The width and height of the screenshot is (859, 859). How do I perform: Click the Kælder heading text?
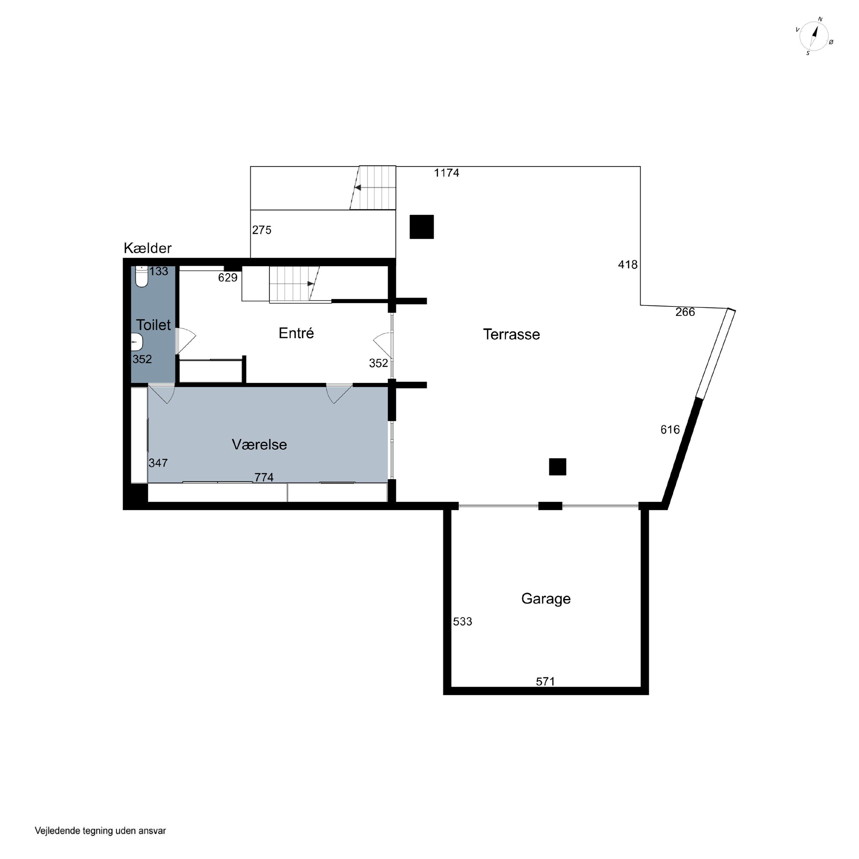148,248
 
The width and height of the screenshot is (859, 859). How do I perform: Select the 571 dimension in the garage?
545,681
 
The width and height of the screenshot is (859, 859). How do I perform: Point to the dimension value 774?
264,477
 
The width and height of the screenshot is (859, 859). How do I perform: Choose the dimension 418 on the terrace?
628,265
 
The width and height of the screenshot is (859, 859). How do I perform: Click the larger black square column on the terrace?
421,227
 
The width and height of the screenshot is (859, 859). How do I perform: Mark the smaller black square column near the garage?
557,466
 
